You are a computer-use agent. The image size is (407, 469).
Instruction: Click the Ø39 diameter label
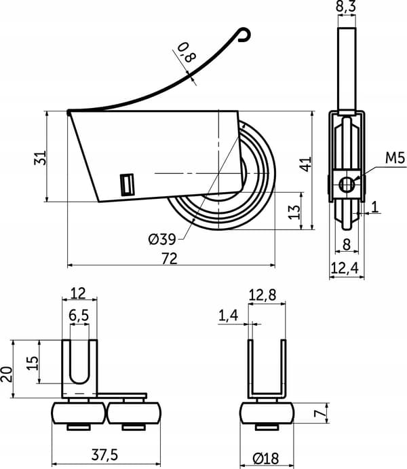click(x=161, y=239)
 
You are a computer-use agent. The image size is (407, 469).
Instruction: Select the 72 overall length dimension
click(x=170, y=259)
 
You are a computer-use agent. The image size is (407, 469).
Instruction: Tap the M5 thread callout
click(x=395, y=158)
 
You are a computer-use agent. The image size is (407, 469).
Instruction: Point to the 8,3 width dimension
click(x=347, y=6)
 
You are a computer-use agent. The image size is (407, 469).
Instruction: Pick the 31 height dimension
click(x=40, y=157)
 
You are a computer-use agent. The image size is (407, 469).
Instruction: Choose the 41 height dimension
click(x=306, y=164)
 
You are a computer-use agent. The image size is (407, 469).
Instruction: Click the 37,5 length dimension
click(x=104, y=455)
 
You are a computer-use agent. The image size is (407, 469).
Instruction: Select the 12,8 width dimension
click(x=263, y=295)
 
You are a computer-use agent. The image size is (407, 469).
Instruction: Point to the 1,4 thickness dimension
click(x=229, y=316)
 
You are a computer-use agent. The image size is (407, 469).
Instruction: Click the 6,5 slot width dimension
click(x=79, y=315)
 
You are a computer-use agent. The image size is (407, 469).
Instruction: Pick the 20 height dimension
click(x=7, y=374)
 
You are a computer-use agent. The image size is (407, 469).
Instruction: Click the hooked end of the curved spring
click(x=245, y=35)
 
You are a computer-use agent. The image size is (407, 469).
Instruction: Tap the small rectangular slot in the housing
click(x=127, y=185)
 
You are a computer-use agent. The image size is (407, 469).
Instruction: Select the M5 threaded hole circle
click(x=347, y=185)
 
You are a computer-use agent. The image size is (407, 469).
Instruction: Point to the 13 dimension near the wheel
click(x=294, y=212)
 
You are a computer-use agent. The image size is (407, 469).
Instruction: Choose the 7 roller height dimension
click(x=320, y=413)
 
